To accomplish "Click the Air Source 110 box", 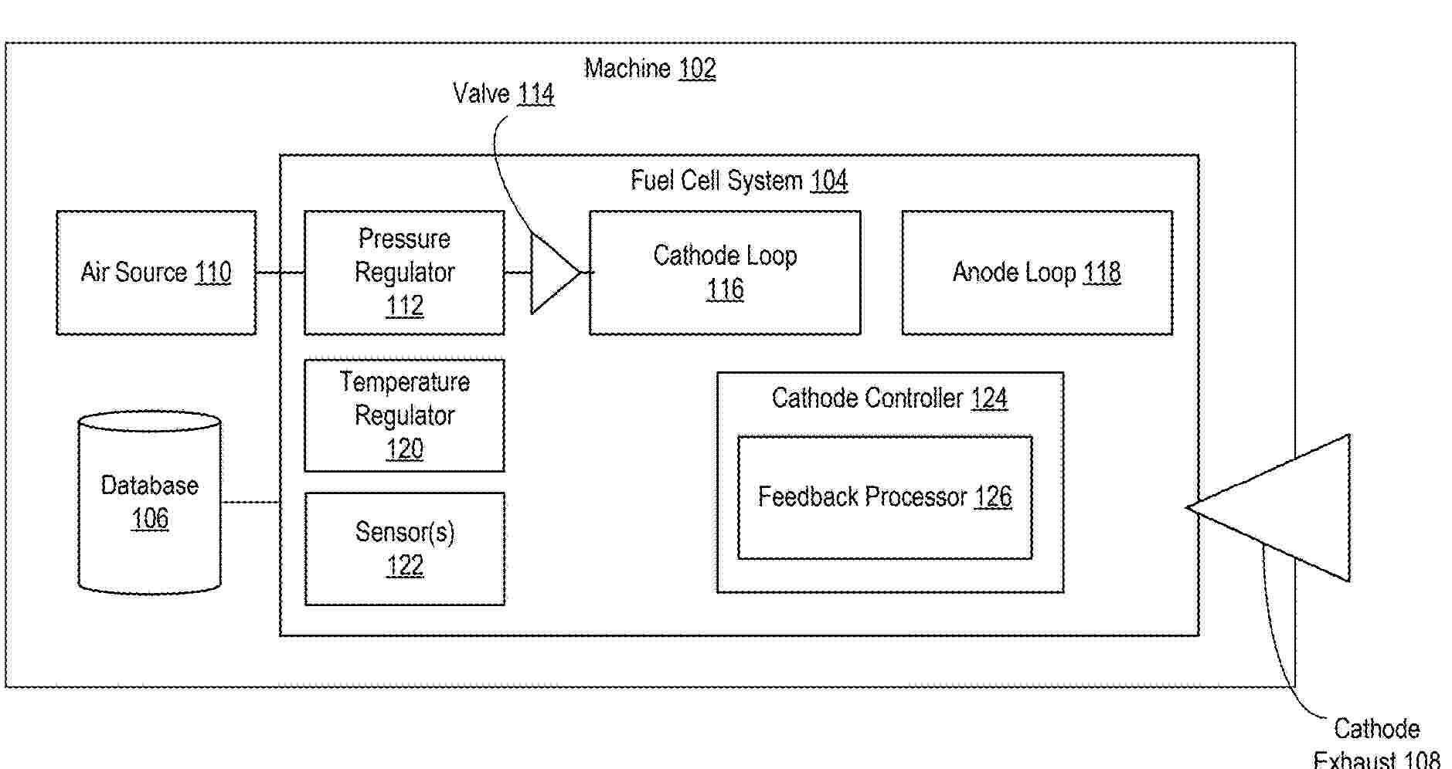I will (156, 273).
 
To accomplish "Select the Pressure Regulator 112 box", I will (404, 273).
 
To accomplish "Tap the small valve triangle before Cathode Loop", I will (552, 273).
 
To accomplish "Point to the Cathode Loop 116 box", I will (725, 273).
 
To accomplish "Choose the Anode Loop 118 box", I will (1037, 273).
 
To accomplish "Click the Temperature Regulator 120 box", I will (404, 415).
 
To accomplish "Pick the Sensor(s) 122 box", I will (404, 549).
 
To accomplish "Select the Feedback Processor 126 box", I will (885, 497).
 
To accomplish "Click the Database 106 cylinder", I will (150, 502).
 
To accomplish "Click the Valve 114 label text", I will (503, 94).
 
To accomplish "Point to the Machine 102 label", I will (650, 69).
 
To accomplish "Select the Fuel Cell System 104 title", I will (739, 181).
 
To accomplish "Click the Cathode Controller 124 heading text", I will (889, 398).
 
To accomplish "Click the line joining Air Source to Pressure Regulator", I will (280, 273).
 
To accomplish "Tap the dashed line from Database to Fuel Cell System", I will (250, 503).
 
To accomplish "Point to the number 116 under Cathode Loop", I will (725, 290).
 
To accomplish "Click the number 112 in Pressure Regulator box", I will (404, 306).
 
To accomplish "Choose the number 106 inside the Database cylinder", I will (150, 518).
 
